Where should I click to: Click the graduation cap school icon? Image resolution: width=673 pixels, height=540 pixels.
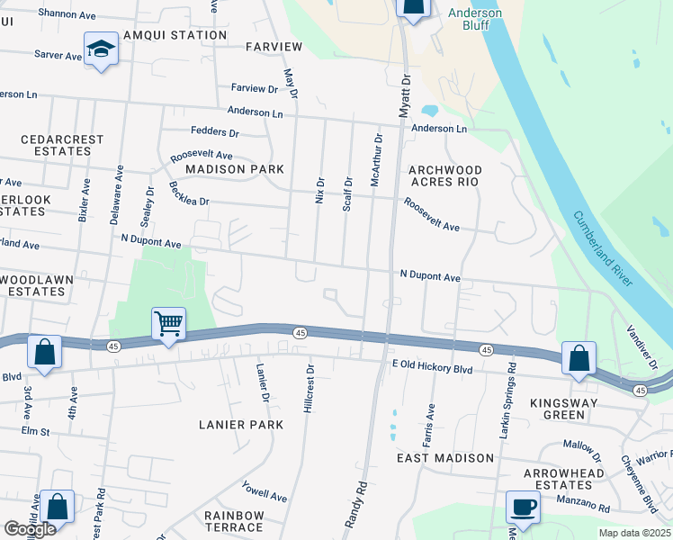pyautogui.click(x=102, y=50)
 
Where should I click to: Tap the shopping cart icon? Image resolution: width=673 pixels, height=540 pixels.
pyautogui.click(x=169, y=324)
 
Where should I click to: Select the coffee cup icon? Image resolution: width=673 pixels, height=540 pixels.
pyautogui.click(x=523, y=507)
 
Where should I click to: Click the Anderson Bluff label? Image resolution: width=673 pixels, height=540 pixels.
pyautogui.click(x=475, y=20)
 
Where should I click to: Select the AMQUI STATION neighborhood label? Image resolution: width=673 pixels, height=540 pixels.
pyautogui.click(x=176, y=35)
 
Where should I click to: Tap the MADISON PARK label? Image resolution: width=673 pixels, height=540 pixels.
pyautogui.click(x=235, y=169)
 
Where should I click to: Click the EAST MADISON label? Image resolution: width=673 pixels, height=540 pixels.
pyautogui.click(x=445, y=458)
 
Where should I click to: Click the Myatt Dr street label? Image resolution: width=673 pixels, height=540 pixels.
pyautogui.click(x=404, y=95)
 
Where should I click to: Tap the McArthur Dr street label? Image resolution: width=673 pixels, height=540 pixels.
pyautogui.click(x=377, y=160)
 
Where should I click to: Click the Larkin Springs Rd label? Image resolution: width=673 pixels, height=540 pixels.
pyautogui.click(x=509, y=400)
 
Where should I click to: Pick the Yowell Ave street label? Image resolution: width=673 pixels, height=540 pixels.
pyautogui.click(x=264, y=491)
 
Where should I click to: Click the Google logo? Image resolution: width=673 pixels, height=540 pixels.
pyautogui.click(x=30, y=529)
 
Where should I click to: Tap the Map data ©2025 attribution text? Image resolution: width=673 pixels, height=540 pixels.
pyautogui.click(x=634, y=533)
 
